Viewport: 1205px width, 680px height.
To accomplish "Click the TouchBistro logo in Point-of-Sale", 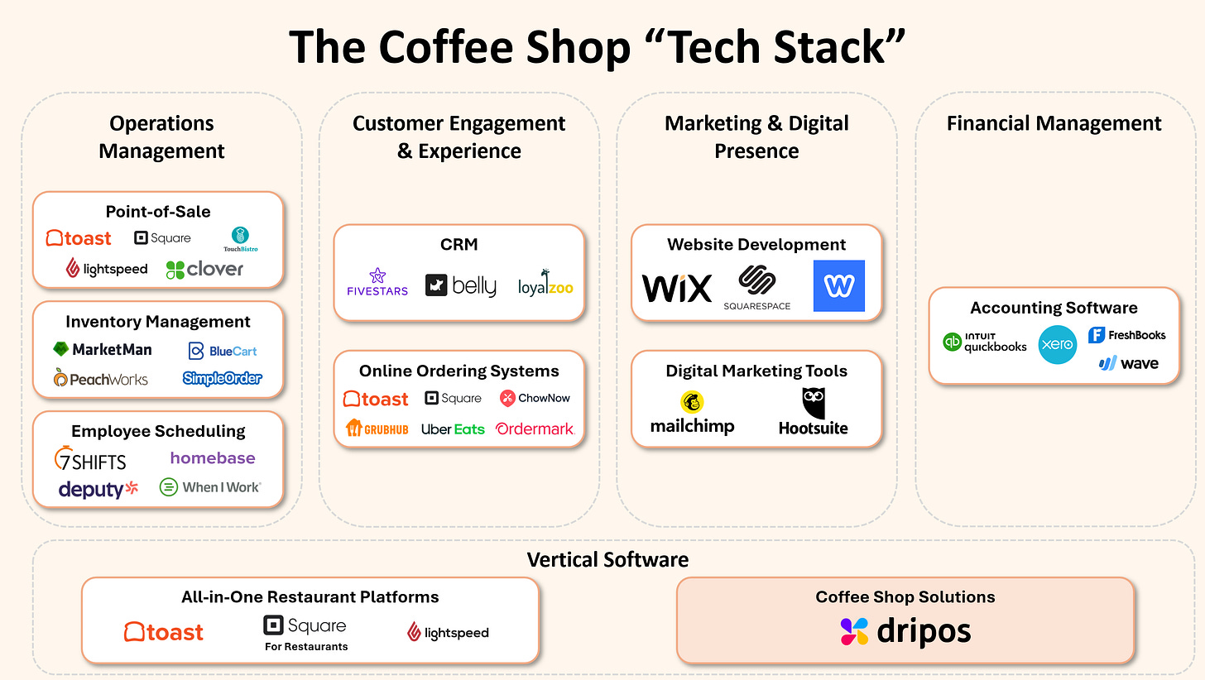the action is coord(240,239).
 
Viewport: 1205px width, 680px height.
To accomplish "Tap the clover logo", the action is coord(204,269).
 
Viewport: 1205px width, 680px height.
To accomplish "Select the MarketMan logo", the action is coord(103,350).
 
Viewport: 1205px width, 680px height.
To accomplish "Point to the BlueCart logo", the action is coord(223,351).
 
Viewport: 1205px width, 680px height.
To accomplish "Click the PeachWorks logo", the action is coord(101,379).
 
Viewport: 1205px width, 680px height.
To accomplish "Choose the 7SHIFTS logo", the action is coord(90,459).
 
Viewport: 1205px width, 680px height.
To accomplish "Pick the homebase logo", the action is coord(213,457).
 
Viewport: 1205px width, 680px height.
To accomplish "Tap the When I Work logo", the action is coord(210,487).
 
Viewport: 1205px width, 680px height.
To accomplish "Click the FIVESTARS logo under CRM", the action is coord(377,282).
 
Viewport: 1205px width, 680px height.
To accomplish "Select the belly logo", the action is coord(461,285).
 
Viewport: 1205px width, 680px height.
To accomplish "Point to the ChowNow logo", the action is coord(535,398).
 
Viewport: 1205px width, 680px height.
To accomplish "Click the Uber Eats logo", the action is coord(453,429).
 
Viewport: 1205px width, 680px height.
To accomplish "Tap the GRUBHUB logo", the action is coord(377,429).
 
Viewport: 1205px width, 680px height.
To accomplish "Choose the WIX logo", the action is coord(677,288).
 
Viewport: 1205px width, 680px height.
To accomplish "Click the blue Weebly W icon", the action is coord(838,286).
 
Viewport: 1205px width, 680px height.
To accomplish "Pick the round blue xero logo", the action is coord(1057,344).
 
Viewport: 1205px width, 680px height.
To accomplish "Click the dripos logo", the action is coord(905,631).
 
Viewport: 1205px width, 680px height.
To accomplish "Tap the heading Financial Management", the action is coord(1054,123).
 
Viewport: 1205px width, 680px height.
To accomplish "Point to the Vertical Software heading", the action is coord(607,560).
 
